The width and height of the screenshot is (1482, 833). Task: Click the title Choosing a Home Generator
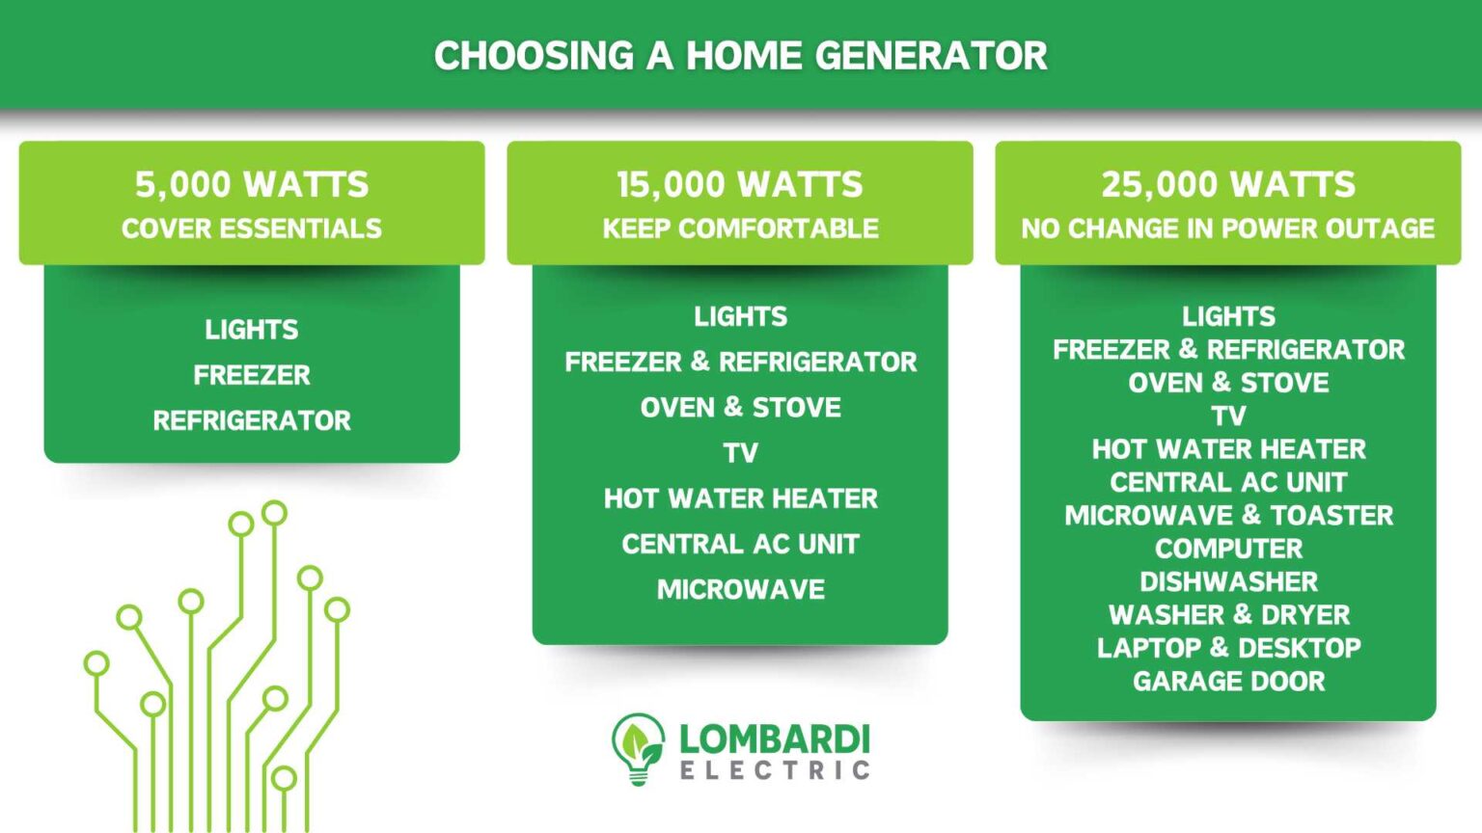click(740, 56)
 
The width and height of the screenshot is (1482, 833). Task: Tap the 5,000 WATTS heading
click(252, 184)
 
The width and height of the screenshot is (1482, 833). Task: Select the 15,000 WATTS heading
click(740, 184)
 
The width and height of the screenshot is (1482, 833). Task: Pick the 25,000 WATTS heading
click(1228, 184)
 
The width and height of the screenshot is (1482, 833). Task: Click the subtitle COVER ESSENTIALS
click(252, 228)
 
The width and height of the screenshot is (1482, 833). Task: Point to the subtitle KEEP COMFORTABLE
click(740, 228)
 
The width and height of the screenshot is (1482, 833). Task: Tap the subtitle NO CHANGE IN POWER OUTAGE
click(1228, 228)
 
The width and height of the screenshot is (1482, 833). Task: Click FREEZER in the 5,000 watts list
click(252, 375)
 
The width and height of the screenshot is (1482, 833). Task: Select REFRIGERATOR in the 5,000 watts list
click(252, 420)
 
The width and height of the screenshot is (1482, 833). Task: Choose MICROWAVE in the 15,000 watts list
click(740, 589)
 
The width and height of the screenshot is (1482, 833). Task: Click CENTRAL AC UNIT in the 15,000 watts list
click(740, 544)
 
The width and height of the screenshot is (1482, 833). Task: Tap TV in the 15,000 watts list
click(740, 453)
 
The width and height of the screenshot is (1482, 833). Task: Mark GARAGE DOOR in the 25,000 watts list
click(1228, 682)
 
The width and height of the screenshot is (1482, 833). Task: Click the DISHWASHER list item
click(1228, 582)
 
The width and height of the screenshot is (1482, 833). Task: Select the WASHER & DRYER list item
click(1228, 615)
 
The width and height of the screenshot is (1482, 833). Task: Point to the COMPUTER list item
click(1228, 549)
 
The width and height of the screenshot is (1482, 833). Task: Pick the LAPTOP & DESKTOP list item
click(1228, 648)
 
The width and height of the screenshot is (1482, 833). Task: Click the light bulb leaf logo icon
click(638, 748)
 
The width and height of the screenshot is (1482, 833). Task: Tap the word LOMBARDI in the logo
click(775, 739)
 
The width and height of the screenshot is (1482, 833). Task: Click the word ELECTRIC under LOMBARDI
click(775, 770)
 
